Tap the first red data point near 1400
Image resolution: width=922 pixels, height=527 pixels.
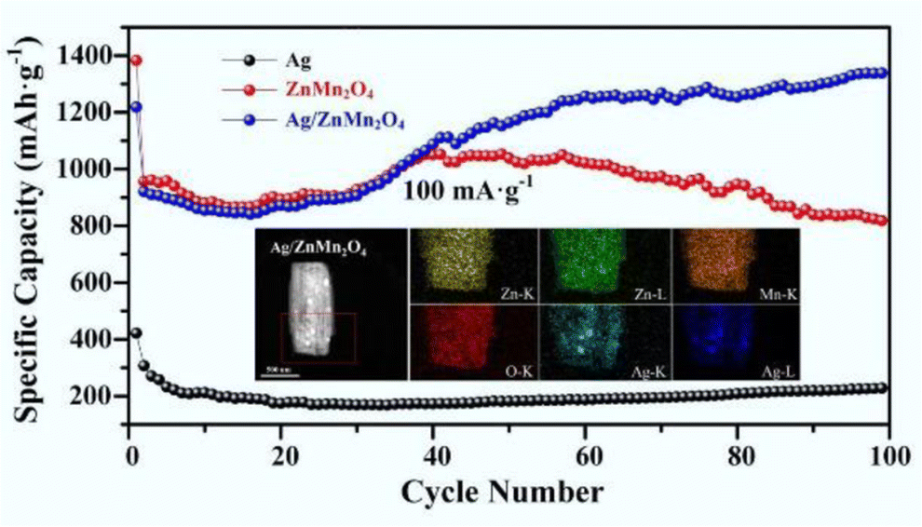coord(136,61)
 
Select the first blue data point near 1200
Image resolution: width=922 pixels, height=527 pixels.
coord(136,107)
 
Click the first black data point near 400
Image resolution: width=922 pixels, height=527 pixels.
coord(136,333)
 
